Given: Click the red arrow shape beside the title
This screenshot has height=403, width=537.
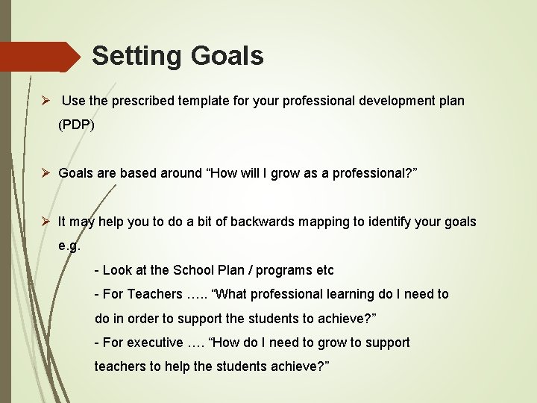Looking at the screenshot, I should coord(41,57).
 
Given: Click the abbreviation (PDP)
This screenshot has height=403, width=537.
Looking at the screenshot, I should coord(77,125).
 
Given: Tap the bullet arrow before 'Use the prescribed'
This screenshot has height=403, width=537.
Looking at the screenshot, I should coord(45,100).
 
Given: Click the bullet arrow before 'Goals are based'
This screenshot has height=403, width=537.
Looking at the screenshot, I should coord(45,173).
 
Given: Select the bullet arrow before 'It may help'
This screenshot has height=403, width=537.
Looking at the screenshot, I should coord(45,222).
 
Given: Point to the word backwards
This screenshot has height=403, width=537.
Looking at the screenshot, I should coord(262,222).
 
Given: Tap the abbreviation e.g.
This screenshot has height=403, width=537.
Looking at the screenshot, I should coord(69,246).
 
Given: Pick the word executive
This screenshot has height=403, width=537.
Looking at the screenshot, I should coord(156,343).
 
